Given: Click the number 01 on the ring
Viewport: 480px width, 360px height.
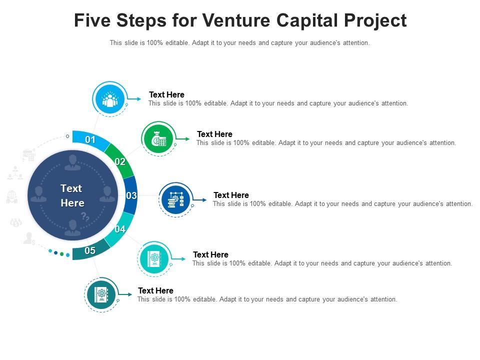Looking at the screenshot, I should point(90,140).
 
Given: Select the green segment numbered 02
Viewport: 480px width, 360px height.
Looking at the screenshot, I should point(120,161).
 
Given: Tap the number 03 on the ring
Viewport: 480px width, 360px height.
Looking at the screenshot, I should point(131,195).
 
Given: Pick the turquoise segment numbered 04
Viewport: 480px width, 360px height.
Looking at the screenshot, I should point(120,229).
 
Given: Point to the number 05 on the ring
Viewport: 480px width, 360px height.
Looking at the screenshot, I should point(90,251).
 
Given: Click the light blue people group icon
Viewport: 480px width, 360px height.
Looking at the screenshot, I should point(109,98).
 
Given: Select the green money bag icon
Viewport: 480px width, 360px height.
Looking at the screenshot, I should point(158,138).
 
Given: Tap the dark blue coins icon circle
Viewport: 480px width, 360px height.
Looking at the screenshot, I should point(175,199).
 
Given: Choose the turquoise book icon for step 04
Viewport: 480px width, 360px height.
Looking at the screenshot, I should point(154,258).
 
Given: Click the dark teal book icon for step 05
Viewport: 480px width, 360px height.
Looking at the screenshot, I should point(101,295).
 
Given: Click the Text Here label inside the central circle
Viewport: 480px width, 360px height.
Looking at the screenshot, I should point(72,195).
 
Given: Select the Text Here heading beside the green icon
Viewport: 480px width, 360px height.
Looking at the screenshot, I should point(214,134).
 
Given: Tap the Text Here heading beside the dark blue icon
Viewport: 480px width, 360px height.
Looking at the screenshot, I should point(231,195).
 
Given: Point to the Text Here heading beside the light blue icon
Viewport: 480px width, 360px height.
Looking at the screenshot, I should point(166,94).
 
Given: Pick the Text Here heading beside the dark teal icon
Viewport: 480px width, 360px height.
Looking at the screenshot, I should point(155,290).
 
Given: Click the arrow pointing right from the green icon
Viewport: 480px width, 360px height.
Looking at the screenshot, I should point(186,138).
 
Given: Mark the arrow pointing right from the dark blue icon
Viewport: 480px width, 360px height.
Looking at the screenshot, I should point(203,200).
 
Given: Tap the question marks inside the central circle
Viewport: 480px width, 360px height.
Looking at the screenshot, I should point(85,216).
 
